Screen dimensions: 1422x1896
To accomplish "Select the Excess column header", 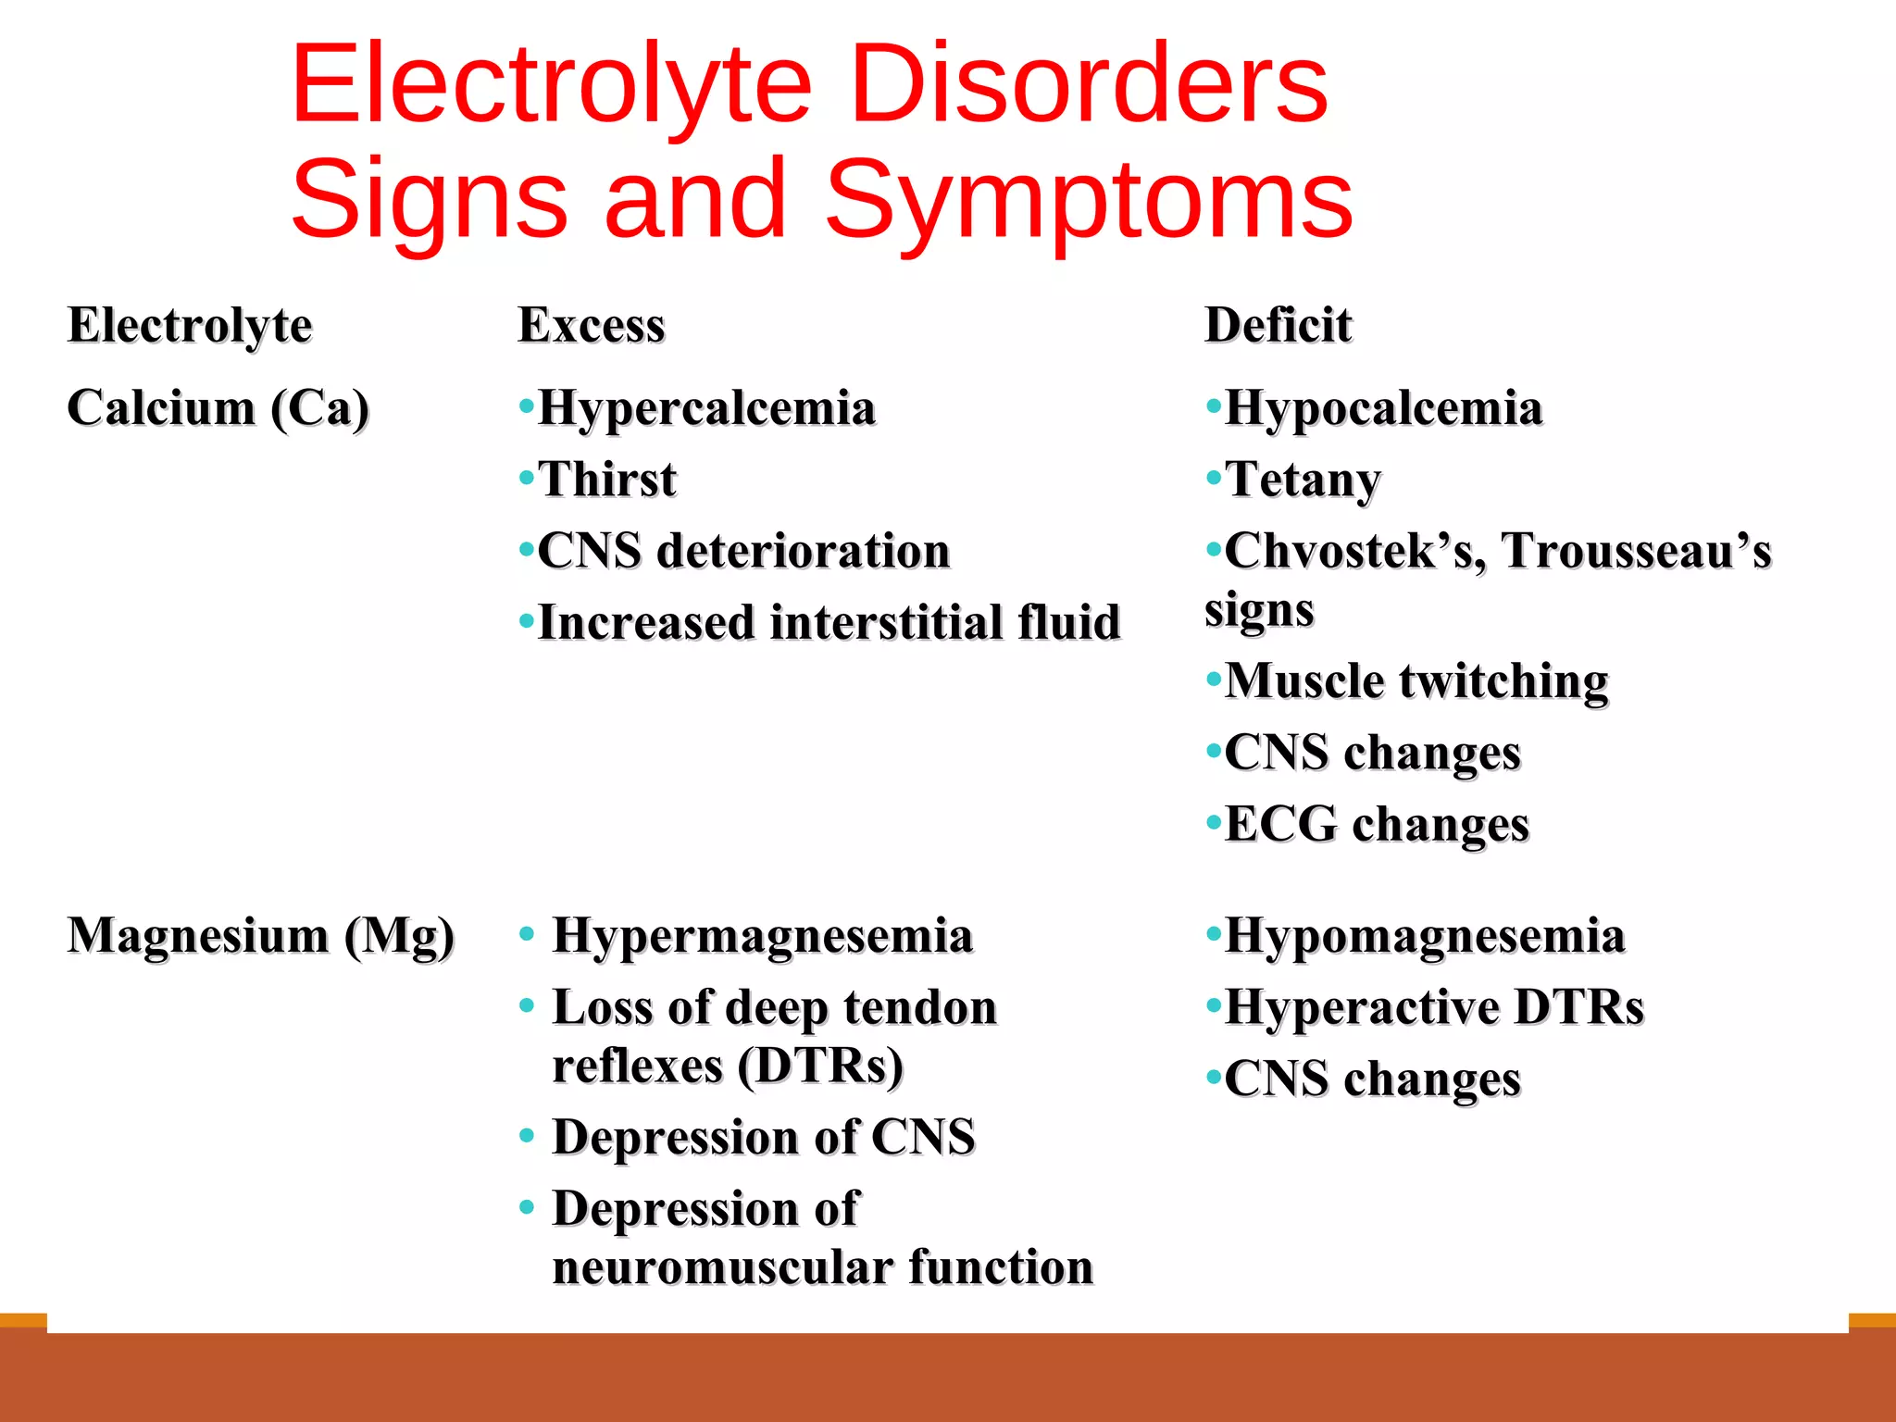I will click(x=592, y=325).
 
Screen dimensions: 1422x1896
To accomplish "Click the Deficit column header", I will click(x=1278, y=325).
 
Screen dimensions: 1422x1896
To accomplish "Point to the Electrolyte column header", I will click(x=190, y=326).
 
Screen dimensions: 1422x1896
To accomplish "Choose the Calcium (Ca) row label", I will click(x=218, y=408).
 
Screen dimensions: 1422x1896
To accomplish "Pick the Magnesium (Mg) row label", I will click(x=261, y=936).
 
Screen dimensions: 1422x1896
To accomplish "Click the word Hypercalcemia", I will click(x=706, y=408).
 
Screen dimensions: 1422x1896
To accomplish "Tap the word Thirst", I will click(x=607, y=480).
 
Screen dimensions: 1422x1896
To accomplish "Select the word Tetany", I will click(x=1303, y=480).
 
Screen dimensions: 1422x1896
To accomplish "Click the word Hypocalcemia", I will click(x=1384, y=408).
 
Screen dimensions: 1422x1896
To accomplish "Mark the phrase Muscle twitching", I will click(x=1416, y=681).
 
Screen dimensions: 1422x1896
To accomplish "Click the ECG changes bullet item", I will click(x=1377, y=824).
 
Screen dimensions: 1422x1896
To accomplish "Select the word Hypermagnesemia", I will click(x=763, y=936).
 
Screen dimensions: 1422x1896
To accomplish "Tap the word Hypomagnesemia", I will click(x=1425, y=936).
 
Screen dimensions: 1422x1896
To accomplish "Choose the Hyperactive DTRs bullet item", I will click(x=1434, y=1007).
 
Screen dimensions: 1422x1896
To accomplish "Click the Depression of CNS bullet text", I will click(x=764, y=1137).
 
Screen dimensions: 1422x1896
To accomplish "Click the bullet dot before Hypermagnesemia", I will click(x=527, y=934).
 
